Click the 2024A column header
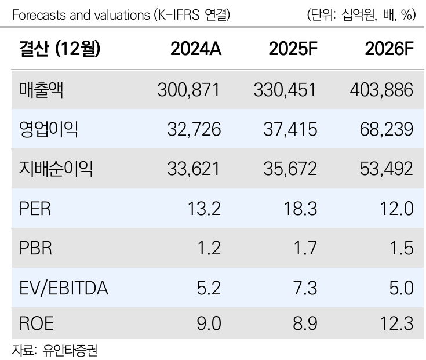[x=195, y=50]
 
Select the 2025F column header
[x=293, y=50]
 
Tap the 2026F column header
[x=389, y=50]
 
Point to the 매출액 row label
[x=42, y=90]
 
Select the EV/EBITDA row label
[x=64, y=286]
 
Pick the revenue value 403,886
[x=382, y=90]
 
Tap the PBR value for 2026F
[x=402, y=248]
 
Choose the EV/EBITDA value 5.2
[x=208, y=286]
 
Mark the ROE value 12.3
[x=398, y=323]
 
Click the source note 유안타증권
[x=73, y=350]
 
